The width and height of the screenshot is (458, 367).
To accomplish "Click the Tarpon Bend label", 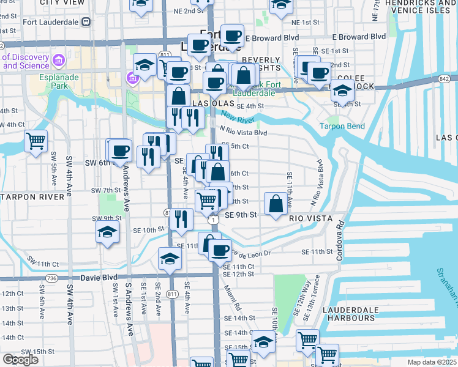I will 342,127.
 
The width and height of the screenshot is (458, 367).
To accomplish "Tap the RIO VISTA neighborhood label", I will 310,218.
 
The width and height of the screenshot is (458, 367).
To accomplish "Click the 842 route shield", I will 444,79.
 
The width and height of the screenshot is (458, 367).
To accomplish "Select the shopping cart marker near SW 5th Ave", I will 36,141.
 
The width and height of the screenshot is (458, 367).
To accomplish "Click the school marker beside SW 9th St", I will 107,232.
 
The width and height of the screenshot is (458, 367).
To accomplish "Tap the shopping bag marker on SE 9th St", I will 276,203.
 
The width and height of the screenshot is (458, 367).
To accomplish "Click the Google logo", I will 20,359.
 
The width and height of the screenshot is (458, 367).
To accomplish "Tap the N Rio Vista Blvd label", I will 244,133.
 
